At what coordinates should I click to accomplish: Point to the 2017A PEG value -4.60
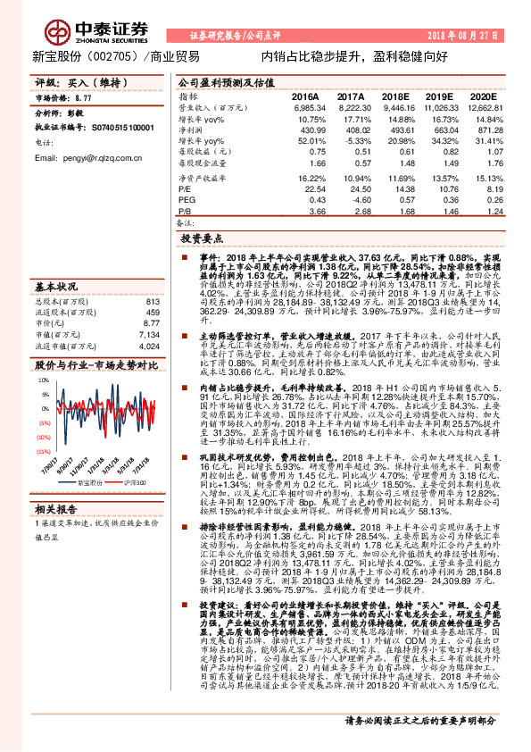coord(349,200)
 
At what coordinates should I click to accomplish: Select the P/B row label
coord(185,211)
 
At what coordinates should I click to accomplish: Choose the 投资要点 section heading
coord(200,239)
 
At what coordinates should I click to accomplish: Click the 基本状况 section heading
coord(55,288)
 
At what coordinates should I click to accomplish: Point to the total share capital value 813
coord(151,301)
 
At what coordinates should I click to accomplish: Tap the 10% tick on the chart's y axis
coord(45,380)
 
